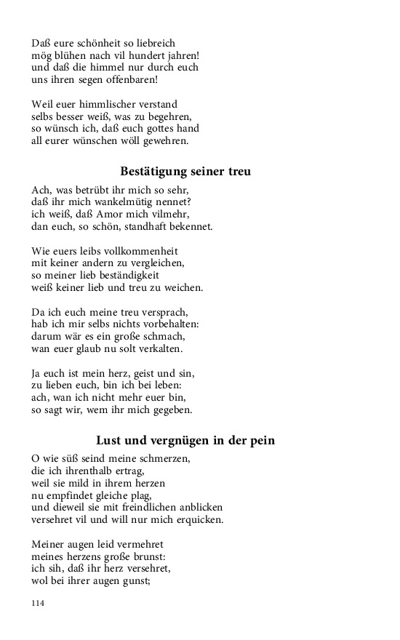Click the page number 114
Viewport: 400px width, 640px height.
click(x=39, y=603)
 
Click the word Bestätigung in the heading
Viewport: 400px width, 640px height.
click(x=154, y=172)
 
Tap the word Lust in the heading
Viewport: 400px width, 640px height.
click(x=110, y=440)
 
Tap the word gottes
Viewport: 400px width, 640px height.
click(x=151, y=128)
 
